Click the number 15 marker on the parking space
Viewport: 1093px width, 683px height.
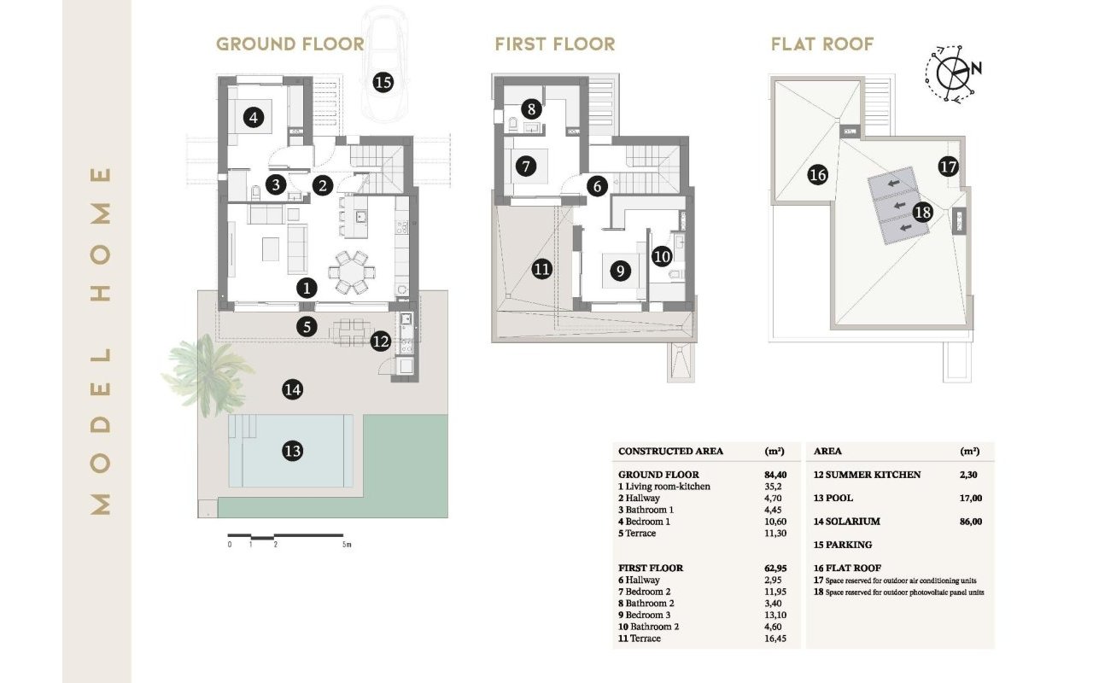(x=383, y=83)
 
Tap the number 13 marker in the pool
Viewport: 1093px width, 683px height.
(x=293, y=451)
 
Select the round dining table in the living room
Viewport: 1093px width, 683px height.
(x=352, y=272)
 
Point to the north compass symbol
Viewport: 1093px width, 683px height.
(x=953, y=73)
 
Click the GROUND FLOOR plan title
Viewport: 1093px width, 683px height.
(x=290, y=44)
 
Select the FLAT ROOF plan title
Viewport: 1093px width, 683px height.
(x=822, y=44)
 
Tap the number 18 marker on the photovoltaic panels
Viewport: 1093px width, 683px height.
(x=923, y=213)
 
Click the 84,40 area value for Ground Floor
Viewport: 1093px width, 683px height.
(x=775, y=475)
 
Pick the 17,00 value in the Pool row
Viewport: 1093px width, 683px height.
(x=971, y=498)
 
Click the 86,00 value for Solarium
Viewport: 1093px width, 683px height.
(x=971, y=522)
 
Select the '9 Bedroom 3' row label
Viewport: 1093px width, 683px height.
(x=644, y=616)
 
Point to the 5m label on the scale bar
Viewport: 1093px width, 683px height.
(x=347, y=545)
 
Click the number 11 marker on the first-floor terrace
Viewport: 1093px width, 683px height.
(x=541, y=269)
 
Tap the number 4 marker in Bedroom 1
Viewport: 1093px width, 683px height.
(x=254, y=118)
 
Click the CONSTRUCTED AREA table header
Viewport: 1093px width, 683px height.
(x=670, y=452)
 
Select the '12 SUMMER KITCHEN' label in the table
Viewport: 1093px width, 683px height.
(x=867, y=475)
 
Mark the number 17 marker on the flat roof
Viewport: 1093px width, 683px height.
(x=948, y=167)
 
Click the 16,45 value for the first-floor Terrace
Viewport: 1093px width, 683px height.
(x=775, y=639)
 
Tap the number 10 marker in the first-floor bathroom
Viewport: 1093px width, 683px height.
(x=662, y=257)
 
